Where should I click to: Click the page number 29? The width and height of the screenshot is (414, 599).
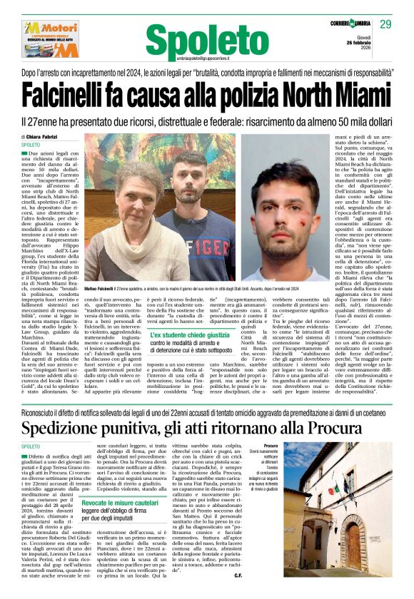(x=385, y=24)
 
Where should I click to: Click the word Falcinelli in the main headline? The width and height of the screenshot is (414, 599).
(x=76, y=96)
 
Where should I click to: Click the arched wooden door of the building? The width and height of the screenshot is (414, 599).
(x=354, y=541)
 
